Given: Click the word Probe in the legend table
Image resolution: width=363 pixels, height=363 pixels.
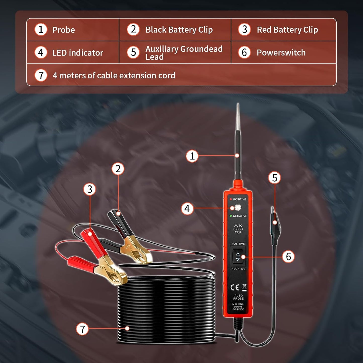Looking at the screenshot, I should pyautogui.click(x=64, y=30).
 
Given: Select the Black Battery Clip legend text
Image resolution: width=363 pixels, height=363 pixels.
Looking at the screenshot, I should pyautogui.click(x=179, y=30).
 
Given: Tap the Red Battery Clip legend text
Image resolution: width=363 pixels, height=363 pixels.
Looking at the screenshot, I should pyautogui.click(x=287, y=30).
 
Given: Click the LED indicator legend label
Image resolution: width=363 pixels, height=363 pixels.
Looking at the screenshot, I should pyautogui.click(x=78, y=53).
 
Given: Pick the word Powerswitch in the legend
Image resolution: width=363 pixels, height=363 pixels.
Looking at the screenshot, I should pyautogui.click(x=281, y=53).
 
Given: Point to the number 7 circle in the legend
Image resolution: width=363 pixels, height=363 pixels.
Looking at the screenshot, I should pyautogui.click(x=41, y=75).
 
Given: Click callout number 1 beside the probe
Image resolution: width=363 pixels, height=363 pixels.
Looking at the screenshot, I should pyautogui.click(x=192, y=156).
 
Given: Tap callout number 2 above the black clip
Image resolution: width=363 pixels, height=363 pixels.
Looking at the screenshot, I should pyautogui.click(x=118, y=169).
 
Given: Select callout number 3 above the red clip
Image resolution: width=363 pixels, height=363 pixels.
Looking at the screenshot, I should pyautogui.click(x=90, y=189).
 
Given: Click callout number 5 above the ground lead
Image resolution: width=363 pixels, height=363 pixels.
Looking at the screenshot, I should pyautogui.click(x=275, y=178).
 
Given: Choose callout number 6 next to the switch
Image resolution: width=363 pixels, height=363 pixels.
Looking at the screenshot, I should pyautogui.click(x=288, y=257).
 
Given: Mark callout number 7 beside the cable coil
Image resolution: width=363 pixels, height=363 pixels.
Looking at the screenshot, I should pyautogui.click(x=82, y=329).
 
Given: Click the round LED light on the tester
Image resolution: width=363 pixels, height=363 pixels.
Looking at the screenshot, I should pyautogui.click(x=237, y=208).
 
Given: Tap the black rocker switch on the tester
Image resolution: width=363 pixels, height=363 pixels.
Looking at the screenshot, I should pyautogui.click(x=238, y=256).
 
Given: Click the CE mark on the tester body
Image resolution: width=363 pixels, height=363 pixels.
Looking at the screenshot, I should pyautogui.click(x=235, y=287).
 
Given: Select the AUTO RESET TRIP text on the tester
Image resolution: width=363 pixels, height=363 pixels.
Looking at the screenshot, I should pyautogui.click(x=238, y=229).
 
